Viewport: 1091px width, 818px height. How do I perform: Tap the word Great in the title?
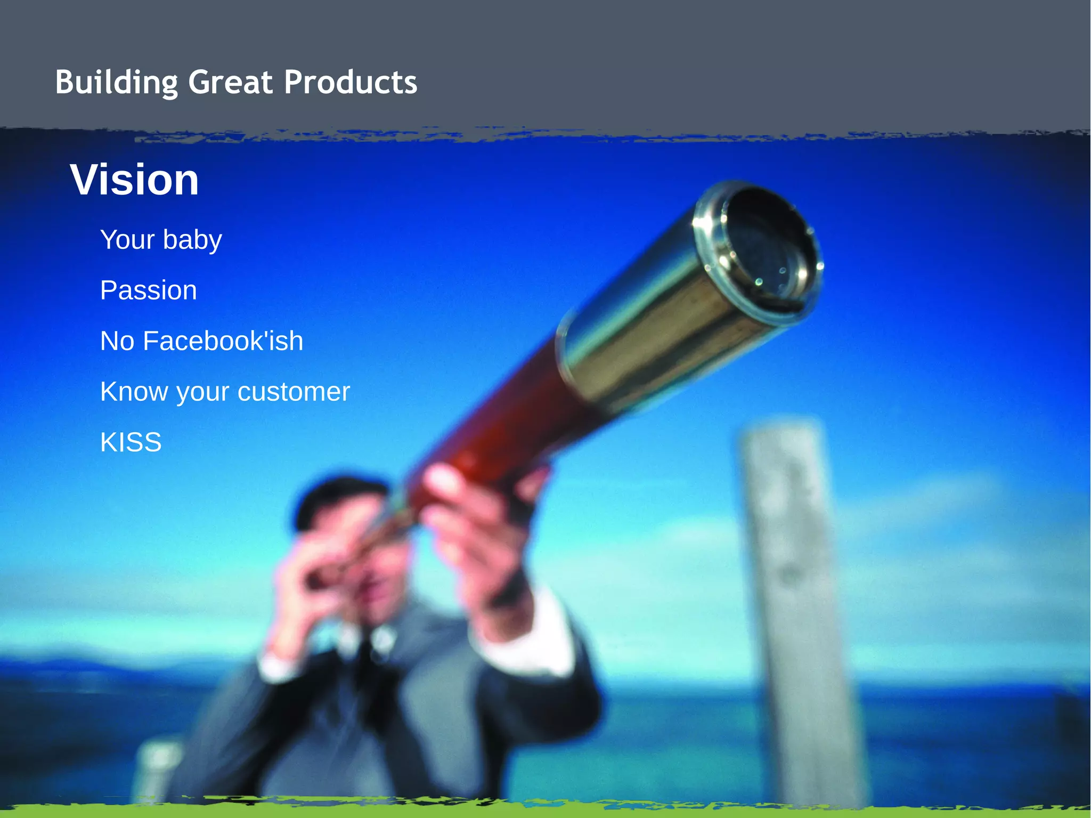pos(230,83)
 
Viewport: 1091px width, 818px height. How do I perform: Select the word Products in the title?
pos(350,83)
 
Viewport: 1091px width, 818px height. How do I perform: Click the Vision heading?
pos(134,180)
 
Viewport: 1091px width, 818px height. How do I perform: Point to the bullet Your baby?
pos(161,240)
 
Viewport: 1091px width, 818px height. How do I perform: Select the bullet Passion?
pos(148,290)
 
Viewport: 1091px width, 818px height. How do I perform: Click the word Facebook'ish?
pos(223,341)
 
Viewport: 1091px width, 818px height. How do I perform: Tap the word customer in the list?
pos(294,392)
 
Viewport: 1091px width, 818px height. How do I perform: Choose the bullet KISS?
pos(131,442)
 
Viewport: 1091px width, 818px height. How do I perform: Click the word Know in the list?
pos(134,392)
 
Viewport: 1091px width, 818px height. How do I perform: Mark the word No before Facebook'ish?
pos(117,341)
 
